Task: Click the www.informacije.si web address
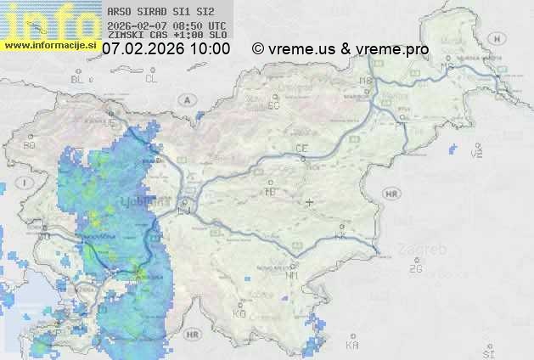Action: [x=49, y=45]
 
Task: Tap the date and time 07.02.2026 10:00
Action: [x=166, y=49]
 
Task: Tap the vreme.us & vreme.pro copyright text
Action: [x=340, y=49]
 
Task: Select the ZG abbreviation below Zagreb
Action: [x=415, y=269]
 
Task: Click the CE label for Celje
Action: [x=301, y=149]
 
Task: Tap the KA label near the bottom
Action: [x=352, y=346]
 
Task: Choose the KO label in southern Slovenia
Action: [x=239, y=314]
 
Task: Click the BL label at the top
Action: [x=79, y=79]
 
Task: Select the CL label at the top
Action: [x=151, y=79]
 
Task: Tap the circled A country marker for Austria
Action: [x=185, y=99]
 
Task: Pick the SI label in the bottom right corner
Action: [x=487, y=352]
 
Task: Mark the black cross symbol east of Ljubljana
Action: [x=310, y=202]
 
